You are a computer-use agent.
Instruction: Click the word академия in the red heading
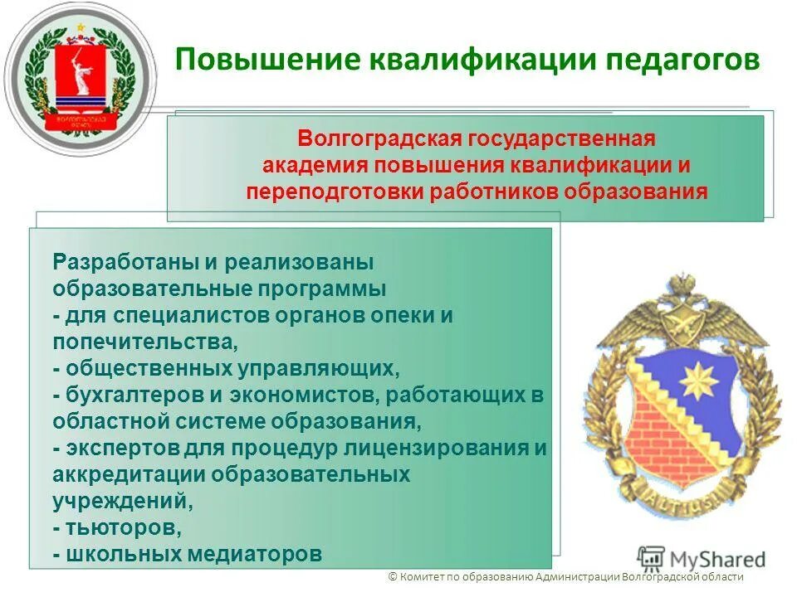[x=315, y=164]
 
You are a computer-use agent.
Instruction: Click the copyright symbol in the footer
[x=393, y=578]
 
